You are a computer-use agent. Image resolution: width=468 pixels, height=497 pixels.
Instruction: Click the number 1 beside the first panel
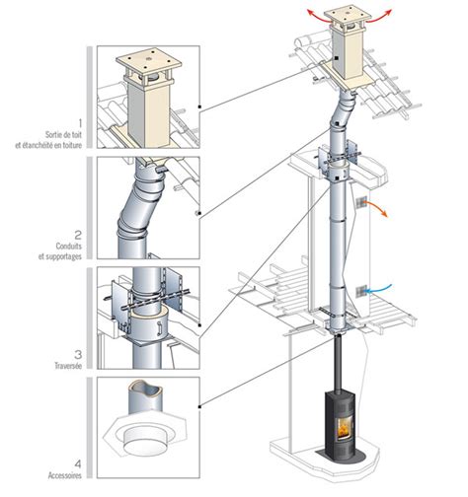79,123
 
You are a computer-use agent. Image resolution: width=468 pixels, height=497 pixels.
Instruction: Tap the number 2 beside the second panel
78,235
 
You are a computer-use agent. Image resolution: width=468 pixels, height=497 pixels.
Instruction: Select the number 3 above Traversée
78,354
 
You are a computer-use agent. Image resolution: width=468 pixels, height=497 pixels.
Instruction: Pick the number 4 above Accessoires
78,464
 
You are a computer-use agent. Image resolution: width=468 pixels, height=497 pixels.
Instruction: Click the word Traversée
68,365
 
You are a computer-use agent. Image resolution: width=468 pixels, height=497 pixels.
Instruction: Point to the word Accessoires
65,475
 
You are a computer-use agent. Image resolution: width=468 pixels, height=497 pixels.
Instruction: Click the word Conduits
69,247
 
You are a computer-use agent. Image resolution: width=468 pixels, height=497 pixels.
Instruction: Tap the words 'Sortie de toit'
63,134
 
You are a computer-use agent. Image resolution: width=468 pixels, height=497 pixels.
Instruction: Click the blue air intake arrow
379,289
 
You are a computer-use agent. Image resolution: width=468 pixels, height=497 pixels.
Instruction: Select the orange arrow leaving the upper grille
378,207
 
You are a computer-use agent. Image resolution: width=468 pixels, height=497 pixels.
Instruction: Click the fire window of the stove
345,429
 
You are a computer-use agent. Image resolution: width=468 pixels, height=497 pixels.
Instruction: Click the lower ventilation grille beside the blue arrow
361,291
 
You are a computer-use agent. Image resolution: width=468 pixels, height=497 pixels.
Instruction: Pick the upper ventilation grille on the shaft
361,202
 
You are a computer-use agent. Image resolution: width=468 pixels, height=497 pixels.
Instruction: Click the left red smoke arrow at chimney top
319,17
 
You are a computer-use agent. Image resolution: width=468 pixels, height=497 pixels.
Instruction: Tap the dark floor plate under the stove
341,455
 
